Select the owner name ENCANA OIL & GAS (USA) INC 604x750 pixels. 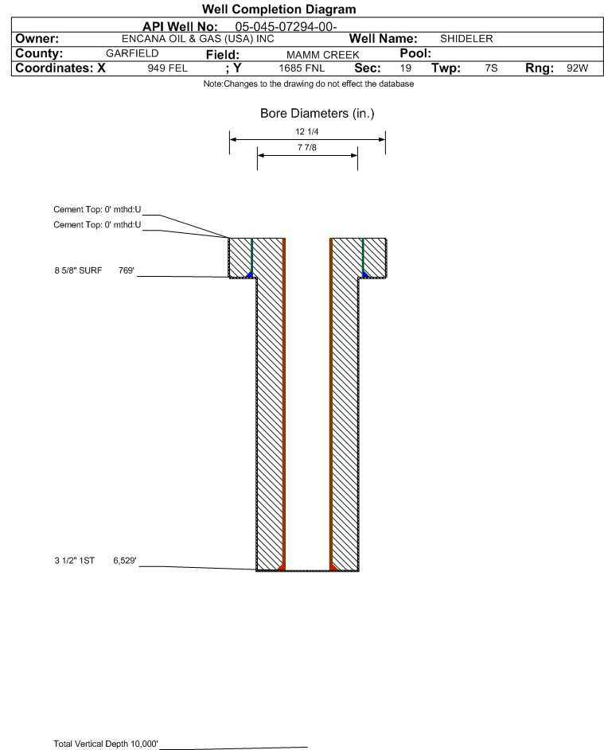197,39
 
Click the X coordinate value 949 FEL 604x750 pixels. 167,68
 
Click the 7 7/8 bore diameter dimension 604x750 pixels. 307,147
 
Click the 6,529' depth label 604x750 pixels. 125,561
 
